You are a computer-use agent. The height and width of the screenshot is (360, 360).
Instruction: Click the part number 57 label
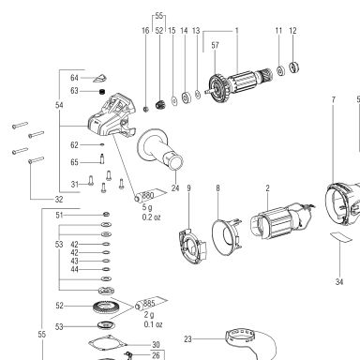click(x=215, y=45)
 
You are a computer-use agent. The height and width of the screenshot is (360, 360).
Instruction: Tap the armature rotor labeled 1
click(x=241, y=83)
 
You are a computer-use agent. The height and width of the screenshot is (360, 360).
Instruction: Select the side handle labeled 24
click(x=160, y=149)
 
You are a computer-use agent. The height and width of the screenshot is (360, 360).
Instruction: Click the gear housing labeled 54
click(x=112, y=115)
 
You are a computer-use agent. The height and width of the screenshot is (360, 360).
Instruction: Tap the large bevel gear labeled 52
click(x=104, y=307)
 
